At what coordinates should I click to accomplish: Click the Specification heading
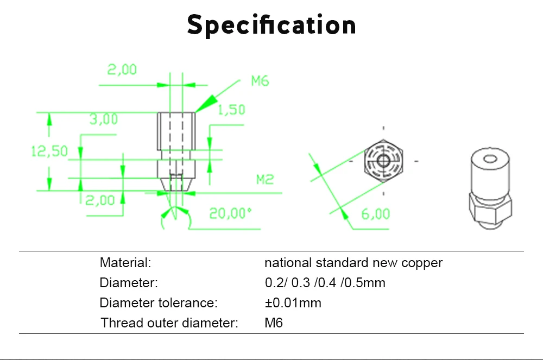pos(271,25)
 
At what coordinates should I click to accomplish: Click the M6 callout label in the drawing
pos(260,81)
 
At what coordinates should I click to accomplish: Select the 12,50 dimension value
pos(49,151)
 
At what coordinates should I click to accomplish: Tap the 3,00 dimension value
pos(103,119)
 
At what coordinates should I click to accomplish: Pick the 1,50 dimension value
pos(231,110)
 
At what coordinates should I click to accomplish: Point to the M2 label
pos(264,179)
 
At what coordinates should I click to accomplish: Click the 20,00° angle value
pos(231,213)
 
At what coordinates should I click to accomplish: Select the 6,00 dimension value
pos(375,214)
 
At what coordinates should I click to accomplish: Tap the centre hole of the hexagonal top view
pos(384,161)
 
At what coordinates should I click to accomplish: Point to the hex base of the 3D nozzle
pos(489,209)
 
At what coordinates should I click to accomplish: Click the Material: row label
pos(125,263)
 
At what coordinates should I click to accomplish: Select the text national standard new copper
pos(353,263)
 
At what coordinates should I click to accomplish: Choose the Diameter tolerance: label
pos(159,303)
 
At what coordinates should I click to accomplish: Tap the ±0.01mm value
pos(293,303)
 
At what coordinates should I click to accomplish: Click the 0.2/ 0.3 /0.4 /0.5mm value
pos(325,283)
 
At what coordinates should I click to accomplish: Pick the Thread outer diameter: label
pos(169,323)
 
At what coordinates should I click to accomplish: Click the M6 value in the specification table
pos(273,323)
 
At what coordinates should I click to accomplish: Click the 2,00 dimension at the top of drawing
pos(122,70)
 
